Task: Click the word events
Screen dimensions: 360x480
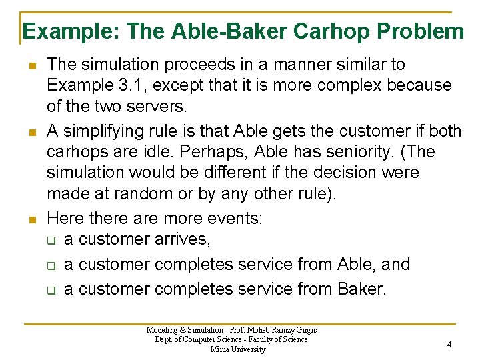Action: (233, 217)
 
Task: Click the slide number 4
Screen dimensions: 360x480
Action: (449, 344)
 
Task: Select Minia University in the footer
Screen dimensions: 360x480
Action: (237, 349)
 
